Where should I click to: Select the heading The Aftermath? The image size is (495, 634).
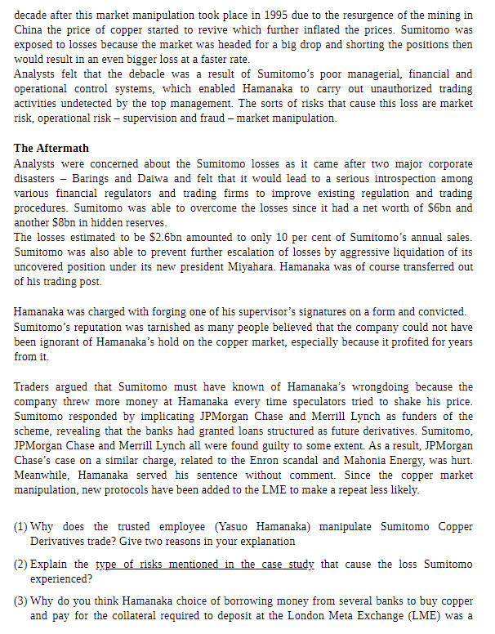tap(51, 148)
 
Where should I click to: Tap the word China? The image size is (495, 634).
tap(29, 29)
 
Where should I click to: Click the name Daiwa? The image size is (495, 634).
tap(194, 177)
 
